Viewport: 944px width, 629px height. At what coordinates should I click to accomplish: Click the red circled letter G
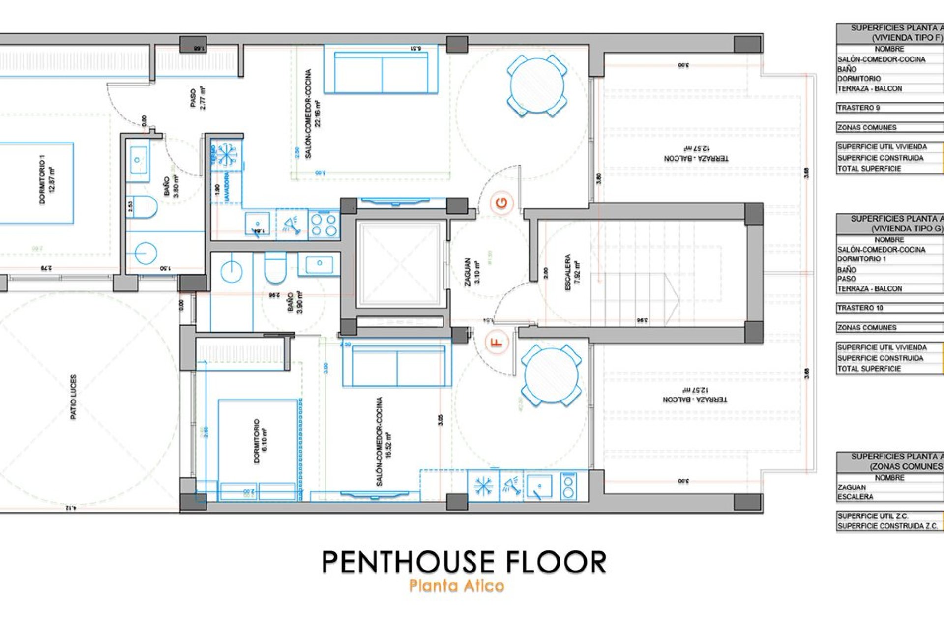click(501, 202)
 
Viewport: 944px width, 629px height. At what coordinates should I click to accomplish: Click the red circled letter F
click(497, 342)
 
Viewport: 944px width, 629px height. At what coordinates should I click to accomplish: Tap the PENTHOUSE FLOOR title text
click(464, 562)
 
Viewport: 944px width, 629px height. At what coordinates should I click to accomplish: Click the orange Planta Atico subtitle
click(456, 586)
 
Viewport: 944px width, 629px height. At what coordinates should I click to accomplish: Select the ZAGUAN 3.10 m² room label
click(472, 272)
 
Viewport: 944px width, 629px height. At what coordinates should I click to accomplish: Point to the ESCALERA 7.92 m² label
click(572, 272)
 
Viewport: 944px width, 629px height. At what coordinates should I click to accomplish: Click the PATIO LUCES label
click(74, 397)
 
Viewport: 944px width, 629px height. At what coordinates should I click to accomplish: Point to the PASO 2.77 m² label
click(198, 98)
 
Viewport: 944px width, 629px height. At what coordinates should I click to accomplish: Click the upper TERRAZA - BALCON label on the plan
click(696, 154)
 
